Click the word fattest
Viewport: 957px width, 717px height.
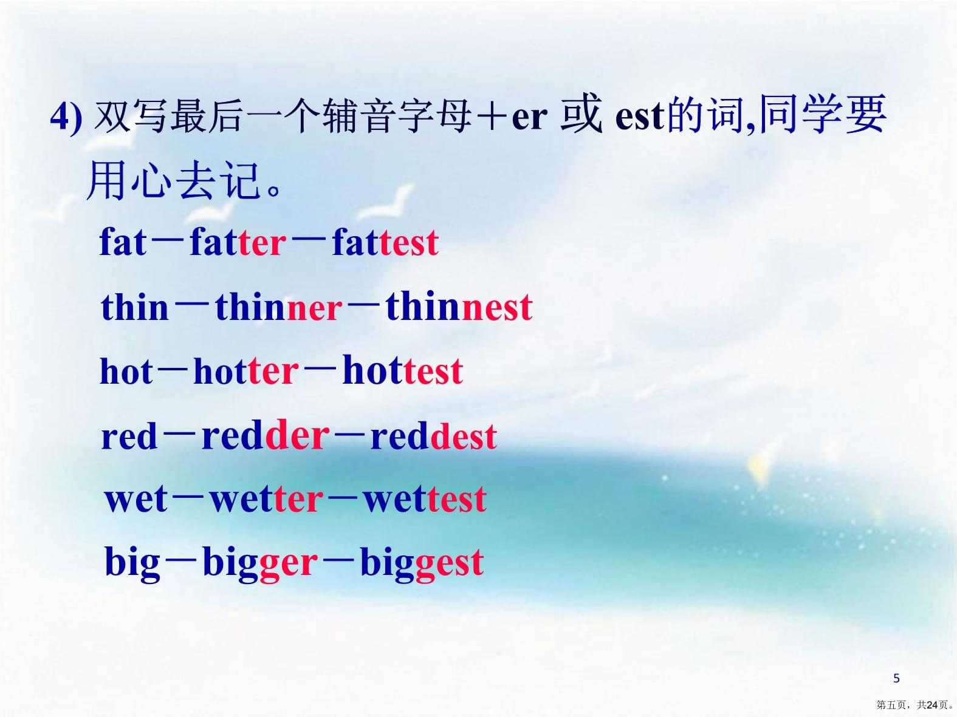click(385, 242)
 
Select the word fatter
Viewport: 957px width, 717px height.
click(238, 242)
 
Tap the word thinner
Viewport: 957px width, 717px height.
click(279, 307)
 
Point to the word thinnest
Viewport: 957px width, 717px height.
click(459, 307)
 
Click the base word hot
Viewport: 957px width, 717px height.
click(126, 371)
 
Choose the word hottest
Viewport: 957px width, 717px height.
click(403, 371)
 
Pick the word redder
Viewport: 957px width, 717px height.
click(266, 435)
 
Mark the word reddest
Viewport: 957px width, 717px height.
click(434, 435)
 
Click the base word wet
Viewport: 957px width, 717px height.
click(136, 499)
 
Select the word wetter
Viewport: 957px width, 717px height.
click(267, 499)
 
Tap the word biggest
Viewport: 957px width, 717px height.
click(422, 563)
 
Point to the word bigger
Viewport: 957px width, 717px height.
click(260, 563)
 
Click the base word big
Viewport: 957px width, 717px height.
click(132, 563)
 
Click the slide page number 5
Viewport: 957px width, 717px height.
click(896, 678)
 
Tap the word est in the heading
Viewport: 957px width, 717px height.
click(639, 117)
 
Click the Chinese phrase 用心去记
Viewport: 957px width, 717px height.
click(174, 180)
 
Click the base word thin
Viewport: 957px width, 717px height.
click(135, 307)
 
